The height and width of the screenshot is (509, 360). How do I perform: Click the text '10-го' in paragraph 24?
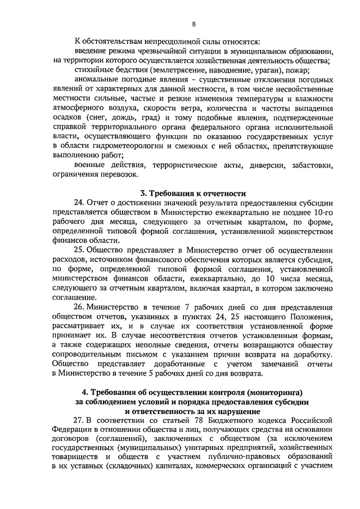[323, 213]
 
